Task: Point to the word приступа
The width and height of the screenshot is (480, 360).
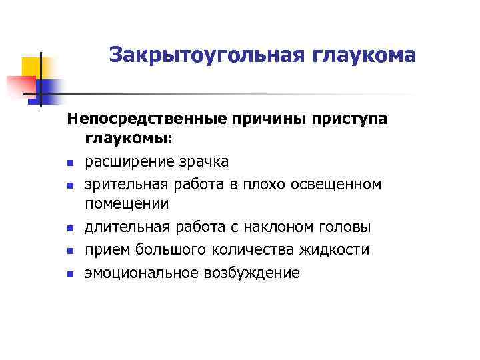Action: pos(349,119)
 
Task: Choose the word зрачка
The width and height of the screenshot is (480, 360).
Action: pos(203,161)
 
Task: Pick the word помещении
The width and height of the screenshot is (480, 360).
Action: pos(127,205)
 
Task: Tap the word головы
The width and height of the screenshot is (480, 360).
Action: pos(347,227)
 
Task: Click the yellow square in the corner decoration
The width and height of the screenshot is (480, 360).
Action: pos(32,67)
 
